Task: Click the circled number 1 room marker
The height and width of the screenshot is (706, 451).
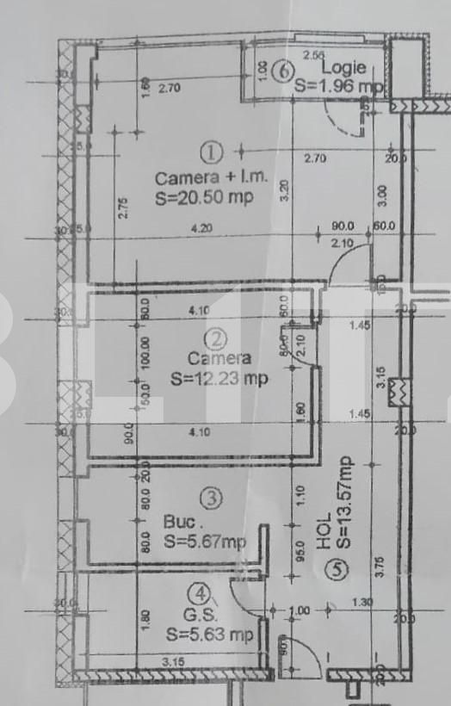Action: [211, 153]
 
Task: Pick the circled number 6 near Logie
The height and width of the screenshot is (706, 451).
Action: [281, 71]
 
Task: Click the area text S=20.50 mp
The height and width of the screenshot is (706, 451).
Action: [204, 197]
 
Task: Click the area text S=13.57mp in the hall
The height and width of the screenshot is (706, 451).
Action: [344, 503]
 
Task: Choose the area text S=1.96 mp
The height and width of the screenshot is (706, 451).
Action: [337, 85]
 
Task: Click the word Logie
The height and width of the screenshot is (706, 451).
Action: [344, 67]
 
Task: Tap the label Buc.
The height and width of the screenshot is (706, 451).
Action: [182, 522]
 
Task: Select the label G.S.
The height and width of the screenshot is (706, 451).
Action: [200, 616]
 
